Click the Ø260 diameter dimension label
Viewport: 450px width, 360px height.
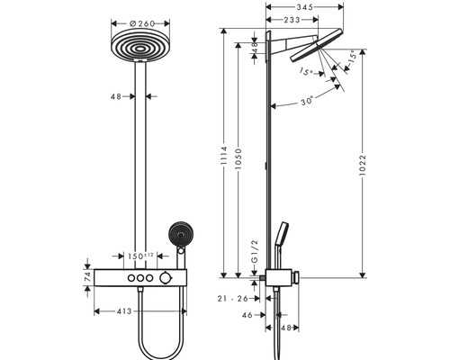click(142, 23)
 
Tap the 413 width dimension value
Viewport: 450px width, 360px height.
click(124, 311)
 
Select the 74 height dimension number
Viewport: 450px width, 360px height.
click(87, 277)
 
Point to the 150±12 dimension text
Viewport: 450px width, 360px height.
click(140, 256)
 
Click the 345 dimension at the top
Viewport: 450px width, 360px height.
click(305, 7)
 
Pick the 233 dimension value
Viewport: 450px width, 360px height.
click(292, 20)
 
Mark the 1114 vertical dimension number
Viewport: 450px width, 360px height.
click(224, 156)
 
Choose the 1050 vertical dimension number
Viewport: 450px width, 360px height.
click(238, 157)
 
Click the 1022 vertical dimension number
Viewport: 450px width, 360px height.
click(363, 166)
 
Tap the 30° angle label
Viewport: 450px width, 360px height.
click(307, 101)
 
